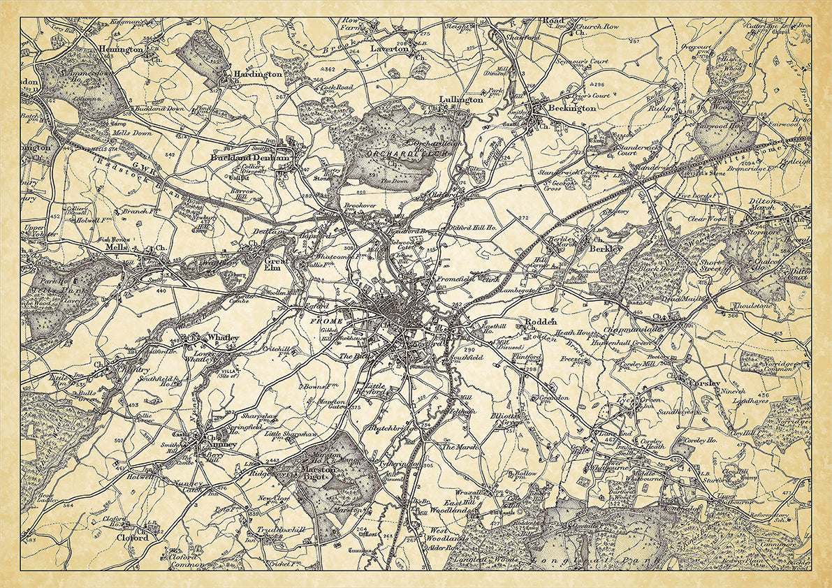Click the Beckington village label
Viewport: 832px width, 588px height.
click(x=571, y=108)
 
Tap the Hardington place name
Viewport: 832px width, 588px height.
click(x=258, y=73)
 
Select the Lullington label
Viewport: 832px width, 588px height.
click(x=461, y=100)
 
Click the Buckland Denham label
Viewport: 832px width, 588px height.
click(x=249, y=159)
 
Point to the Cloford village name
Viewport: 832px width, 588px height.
click(x=132, y=538)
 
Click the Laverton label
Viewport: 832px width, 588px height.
click(x=389, y=50)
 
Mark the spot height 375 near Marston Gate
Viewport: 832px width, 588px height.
click(x=355, y=408)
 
